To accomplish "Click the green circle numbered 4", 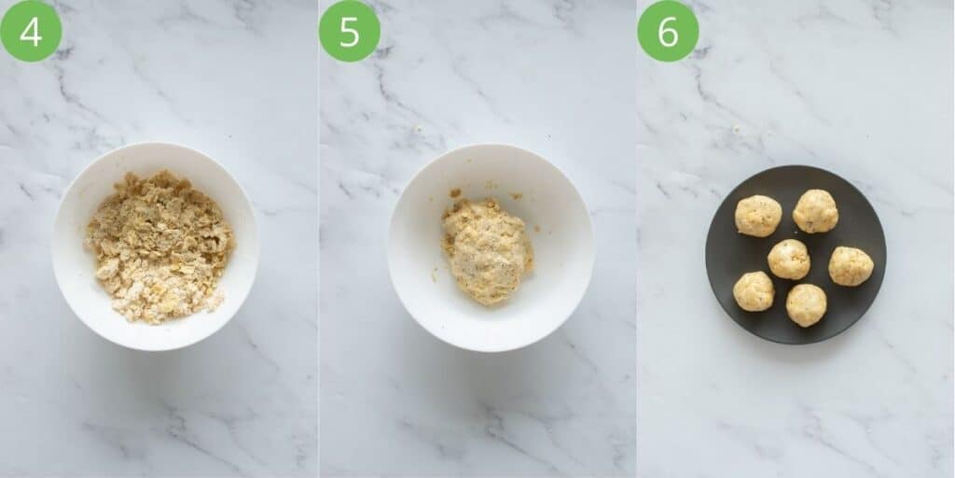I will pyautogui.click(x=31, y=31).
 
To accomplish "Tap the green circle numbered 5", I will pyautogui.click(x=350, y=31).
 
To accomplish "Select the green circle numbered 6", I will pyautogui.click(x=668, y=31).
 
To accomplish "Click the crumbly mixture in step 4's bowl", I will pyautogui.click(x=159, y=246).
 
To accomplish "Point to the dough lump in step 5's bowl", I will pyautogui.click(x=486, y=250).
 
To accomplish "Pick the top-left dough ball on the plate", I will pyautogui.click(x=758, y=216).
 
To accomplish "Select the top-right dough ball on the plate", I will pyautogui.click(x=815, y=211).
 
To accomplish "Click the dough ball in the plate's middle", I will pyautogui.click(x=789, y=259).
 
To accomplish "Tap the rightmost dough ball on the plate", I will pyautogui.click(x=851, y=266).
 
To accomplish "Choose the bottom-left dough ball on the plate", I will pyautogui.click(x=754, y=291).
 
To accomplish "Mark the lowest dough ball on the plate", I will pyautogui.click(x=806, y=305).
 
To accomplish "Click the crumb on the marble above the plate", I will pyautogui.click(x=737, y=129).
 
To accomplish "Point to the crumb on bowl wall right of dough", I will pyautogui.click(x=516, y=195).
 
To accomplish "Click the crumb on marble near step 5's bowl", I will pyautogui.click(x=418, y=129).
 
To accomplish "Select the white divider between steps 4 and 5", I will pyautogui.click(x=318, y=239).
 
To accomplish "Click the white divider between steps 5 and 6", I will pyautogui.click(x=636, y=239).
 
